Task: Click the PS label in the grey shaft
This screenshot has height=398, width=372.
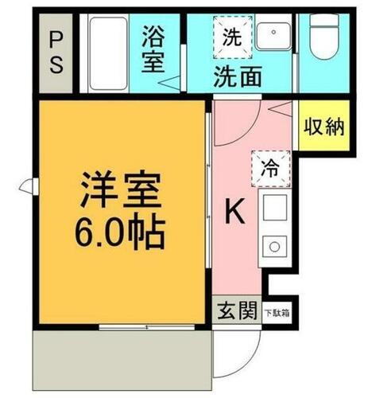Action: coord(56,52)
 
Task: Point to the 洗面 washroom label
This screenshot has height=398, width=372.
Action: coord(237,76)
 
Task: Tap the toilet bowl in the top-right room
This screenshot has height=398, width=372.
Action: coord(324,40)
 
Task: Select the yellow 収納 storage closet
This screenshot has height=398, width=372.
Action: coord(323,127)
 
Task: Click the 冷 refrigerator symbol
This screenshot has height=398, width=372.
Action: coord(270,167)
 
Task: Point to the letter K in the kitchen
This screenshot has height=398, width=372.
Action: coord(234,211)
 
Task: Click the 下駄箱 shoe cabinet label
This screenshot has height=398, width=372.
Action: coord(277,312)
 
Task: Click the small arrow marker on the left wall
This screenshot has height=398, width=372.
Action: coord(28,188)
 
